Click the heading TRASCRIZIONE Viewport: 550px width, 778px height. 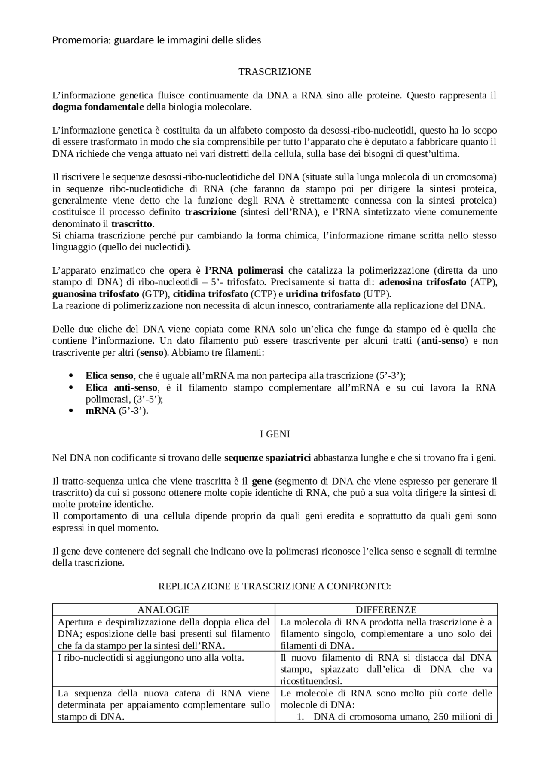(x=275, y=72)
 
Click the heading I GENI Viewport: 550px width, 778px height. (x=275, y=434)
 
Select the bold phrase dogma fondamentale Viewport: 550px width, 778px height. (x=98, y=107)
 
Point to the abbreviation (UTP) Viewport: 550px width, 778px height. (x=376, y=294)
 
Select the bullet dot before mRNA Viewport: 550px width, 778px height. (x=71, y=411)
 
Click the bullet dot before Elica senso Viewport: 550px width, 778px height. (x=71, y=376)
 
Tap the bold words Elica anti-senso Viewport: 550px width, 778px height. (x=122, y=388)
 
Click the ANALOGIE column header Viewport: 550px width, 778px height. (x=164, y=610)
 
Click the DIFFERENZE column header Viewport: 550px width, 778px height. (x=386, y=610)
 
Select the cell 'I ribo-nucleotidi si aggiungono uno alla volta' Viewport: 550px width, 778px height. (x=151, y=658)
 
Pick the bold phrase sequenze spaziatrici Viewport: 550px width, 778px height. (x=267, y=458)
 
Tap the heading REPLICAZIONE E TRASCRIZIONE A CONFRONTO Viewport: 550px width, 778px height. (x=275, y=586)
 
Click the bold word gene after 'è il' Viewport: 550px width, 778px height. (x=261, y=481)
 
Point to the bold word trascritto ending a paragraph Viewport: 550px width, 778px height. (x=131, y=224)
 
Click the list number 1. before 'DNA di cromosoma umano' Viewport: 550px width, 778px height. (x=301, y=717)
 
